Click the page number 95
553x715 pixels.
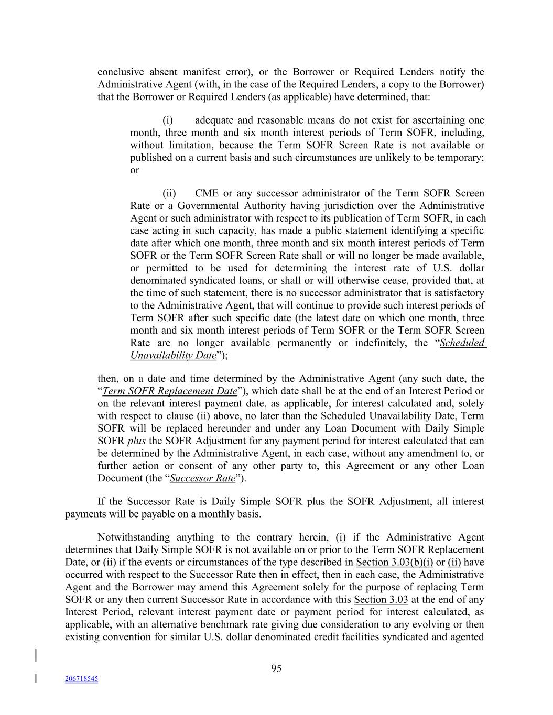pyautogui.click(x=276, y=668)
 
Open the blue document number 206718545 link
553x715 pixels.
pyautogui.click(x=81, y=679)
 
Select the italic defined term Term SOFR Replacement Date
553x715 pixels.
pyautogui.click(x=170, y=391)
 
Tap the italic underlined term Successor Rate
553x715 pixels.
pyautogui.click(x=203, y=478)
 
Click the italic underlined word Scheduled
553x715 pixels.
pyautogui.click(x=462, y=343)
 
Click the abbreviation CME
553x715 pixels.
pyautogui.click(x=207, y=194)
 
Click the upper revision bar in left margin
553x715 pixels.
pyautogui.click(x=36, y=656)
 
